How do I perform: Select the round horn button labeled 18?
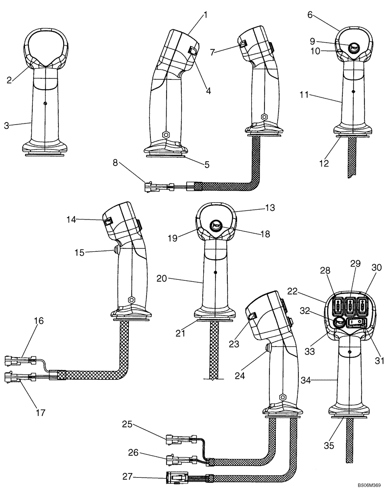point(216,225)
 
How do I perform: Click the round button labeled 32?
point(338,322)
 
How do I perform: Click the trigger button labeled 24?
point(267,348)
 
